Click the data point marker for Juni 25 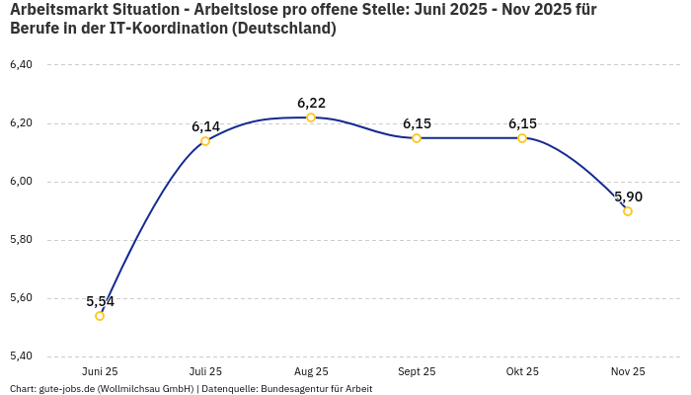100,316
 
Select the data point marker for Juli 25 205,141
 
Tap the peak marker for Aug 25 311,118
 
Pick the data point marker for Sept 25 417,138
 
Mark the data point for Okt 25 522,138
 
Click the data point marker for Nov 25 628,211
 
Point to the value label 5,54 100,301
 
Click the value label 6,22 311,103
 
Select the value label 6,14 205,126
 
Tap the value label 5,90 628,197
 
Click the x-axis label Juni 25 100,371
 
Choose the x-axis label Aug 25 311,371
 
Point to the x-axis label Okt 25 522,371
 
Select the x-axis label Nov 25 628,371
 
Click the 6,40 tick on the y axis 21,65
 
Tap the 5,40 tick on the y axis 21,356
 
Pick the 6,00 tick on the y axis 21,182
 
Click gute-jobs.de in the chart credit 66,389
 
